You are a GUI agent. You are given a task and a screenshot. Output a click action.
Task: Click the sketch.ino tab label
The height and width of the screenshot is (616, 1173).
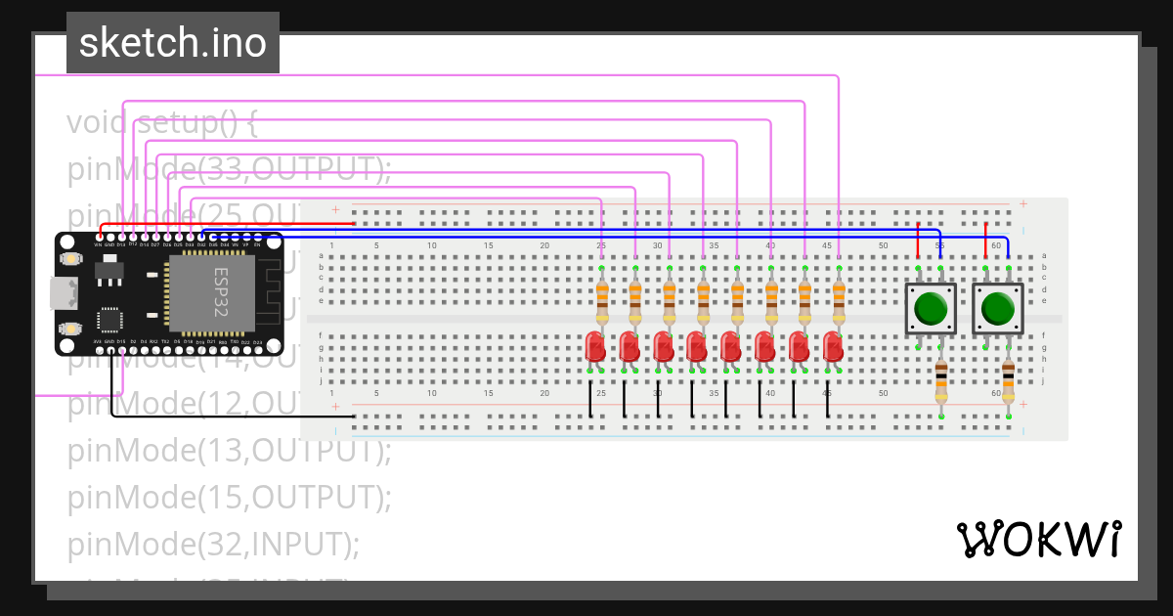coord(172,43)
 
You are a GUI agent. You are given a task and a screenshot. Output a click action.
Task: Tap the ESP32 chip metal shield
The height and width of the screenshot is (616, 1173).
coord(211,291)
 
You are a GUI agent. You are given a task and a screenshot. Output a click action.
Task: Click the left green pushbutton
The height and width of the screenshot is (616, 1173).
coord(930,309)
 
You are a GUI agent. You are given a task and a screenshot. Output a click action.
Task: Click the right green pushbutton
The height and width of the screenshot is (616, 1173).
coord(997,309)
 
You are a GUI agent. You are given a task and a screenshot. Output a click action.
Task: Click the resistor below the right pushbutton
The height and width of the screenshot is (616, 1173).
coord(1008,382)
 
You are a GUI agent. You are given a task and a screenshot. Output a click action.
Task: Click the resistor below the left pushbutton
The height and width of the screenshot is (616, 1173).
coord(940,382)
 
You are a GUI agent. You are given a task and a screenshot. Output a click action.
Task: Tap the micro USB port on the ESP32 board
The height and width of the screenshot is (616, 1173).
coord(60,291)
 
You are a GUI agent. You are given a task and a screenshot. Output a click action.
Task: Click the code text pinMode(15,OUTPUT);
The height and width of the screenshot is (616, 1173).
coord(229,497)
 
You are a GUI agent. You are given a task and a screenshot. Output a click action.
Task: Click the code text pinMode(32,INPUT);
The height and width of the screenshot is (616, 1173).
coord(213,544)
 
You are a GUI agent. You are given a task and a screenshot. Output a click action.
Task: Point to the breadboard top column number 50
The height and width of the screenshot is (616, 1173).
coord(883,245)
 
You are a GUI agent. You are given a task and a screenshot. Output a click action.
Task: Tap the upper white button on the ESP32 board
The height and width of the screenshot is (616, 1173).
coord(69,259)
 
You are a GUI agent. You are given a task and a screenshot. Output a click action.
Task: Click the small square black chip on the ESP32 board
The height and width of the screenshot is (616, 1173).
coord(109,320)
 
